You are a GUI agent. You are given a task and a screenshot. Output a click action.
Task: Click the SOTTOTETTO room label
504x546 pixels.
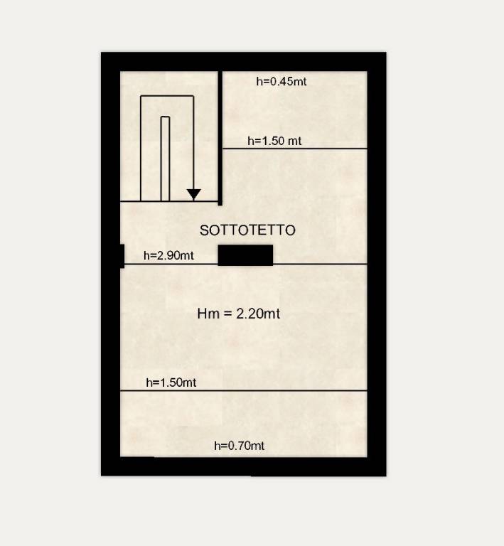tap(247, 230)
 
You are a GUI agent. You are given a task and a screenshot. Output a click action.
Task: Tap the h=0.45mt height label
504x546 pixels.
tap(282, 82)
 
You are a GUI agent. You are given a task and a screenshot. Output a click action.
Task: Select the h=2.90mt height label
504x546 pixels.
tap(168, 256)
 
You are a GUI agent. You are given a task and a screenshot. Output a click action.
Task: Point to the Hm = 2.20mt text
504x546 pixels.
tap(238, 314)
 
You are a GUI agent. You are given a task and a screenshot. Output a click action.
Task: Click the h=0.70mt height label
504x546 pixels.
tap(239, 446)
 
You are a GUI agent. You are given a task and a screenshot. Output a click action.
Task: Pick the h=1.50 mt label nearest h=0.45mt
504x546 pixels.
tap(274, 141)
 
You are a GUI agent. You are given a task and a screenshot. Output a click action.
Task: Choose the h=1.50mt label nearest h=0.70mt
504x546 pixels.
tap(171, 382)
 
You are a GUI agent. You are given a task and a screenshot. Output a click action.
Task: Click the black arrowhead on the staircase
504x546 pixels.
tap(193, 194)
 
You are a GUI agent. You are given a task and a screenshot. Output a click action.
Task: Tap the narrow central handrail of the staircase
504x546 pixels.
tap(166, 159)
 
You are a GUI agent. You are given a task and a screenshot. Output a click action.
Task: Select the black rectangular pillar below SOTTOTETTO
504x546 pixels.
tap(245, 255)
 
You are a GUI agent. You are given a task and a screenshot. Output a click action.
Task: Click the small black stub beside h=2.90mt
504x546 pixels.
tap(122, 256)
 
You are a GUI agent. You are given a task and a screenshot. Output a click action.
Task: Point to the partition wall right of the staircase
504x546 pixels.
tap(220, 138)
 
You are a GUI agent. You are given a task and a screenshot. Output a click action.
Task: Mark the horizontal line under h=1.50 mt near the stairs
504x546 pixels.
tap(295, 149)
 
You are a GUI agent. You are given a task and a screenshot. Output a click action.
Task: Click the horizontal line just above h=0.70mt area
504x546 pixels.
tap(244, 391)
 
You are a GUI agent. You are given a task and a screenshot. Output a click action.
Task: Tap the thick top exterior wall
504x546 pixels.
tap(244, 62)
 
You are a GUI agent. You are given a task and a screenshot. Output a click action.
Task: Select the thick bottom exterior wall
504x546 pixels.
tap(244, 466)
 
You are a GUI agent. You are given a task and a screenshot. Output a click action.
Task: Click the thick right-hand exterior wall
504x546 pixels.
tap(377, 264)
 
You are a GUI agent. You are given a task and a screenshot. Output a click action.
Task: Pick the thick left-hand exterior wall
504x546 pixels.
tap(110, 264)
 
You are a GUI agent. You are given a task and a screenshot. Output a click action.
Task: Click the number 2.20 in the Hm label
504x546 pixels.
tap(250, 314)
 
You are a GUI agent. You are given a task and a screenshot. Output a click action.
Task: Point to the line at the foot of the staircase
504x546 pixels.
tap(169, 201)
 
